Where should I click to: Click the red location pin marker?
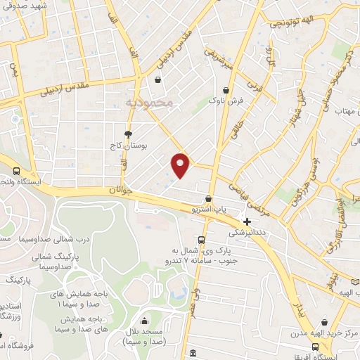(181, 165)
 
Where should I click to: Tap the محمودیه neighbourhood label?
(148, 103)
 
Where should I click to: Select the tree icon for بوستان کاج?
(128, 134)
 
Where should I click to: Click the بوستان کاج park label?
(149, 146)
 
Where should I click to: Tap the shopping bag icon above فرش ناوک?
(226, 90)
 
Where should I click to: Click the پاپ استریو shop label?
(210, 210)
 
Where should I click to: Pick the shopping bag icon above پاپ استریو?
(209, 199)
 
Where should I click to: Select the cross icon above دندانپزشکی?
(247, 221)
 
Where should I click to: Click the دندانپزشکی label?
(247, 232)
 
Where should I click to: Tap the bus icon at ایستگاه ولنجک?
(16, 170)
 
